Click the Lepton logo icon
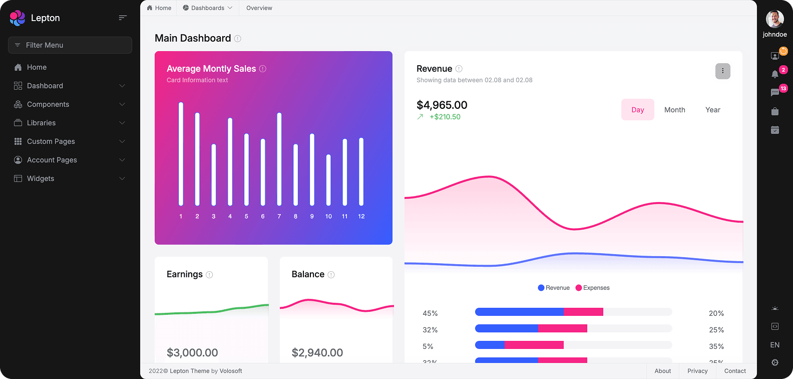(x=18, y=18)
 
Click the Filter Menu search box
(x=70, y=45)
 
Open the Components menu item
(x=48, y=104)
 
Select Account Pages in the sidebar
(x=52, y=160)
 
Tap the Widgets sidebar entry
(x=41, y=178)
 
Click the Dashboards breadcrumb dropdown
(x=208, y=8)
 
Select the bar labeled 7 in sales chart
(x=279, y=159)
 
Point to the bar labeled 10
(x=328, y=180)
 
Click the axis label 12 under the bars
(x=361, y=217)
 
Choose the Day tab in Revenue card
(x=637, y=110)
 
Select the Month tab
(x=674, y=110)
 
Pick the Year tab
(x=712, y=110)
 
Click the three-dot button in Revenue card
(x=722, y=71)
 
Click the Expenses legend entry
(x=593, y=288)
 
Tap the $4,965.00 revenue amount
(x=442, y=105)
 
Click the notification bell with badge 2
(x=775, y=74)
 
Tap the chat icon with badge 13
(x=775, y=93)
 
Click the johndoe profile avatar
(x=774, y=19)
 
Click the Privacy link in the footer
(x=697, y=371)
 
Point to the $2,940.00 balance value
(x=317, y=353)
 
